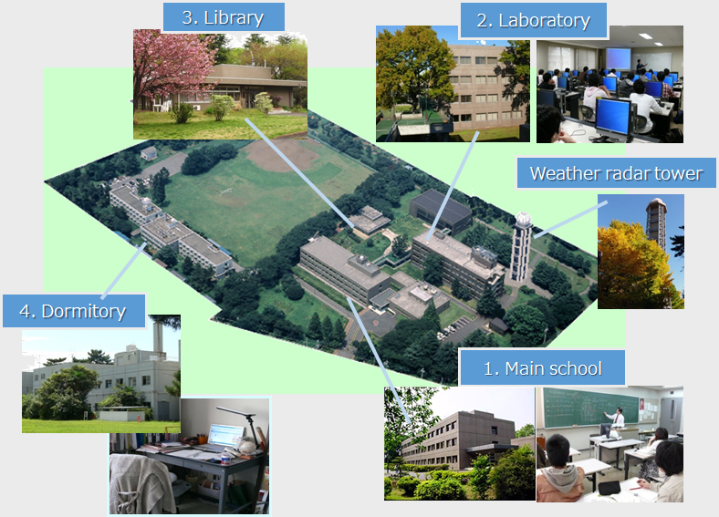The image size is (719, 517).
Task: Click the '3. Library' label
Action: coord(224,17)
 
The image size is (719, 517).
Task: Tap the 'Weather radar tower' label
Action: coord(616,173)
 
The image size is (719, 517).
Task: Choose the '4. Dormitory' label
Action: coord(72,311)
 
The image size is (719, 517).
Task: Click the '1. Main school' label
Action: coord(542,368)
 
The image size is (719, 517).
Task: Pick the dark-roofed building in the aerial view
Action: coord(440,210)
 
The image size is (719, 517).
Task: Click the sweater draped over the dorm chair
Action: coord(134,479)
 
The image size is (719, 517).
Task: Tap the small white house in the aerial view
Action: coord(149,153)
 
